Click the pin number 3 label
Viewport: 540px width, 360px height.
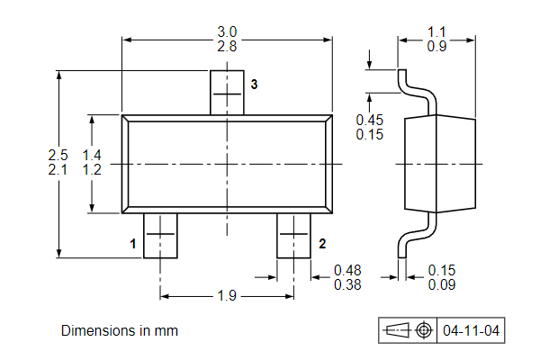click(x=254, y=85)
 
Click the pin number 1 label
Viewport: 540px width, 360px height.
click(x=132, y=244)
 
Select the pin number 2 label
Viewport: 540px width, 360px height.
click(x=322, y=244)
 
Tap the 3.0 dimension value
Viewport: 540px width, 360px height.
click(x=227, y=31)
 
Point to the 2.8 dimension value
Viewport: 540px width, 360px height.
click(x=227, y=47)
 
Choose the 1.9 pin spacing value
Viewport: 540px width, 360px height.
click(x=227, y=295)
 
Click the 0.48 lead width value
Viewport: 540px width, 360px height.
click(x=347, y=270)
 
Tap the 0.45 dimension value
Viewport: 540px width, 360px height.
click(x=370, y=120)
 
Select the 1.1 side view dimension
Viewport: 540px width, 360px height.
click(x=436, y=31)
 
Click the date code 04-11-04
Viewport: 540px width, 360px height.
click(x=471, y=330)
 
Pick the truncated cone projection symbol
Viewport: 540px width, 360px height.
click(x=397, y=330)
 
